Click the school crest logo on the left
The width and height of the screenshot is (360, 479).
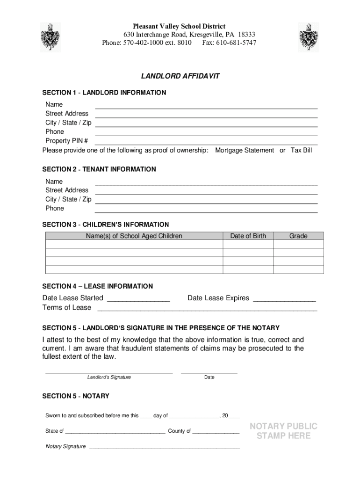(x=50, y=37)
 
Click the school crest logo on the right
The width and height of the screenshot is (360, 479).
(x=309, y=37)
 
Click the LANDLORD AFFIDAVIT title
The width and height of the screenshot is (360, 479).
(x=180, y=76)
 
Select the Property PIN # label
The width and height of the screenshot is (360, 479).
(x=66, y=141)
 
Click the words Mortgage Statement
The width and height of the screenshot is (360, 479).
(x=245, y=150)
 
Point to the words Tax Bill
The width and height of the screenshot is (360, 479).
(x=301, y=150)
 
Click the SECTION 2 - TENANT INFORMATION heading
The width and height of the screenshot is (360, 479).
(x=99, y=169)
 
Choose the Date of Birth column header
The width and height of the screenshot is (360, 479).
(x=248, y=236)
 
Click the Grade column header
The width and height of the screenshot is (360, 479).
(x=298, y=236)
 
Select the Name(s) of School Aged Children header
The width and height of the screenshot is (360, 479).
(x=134, y=236)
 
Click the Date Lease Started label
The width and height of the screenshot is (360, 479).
(x=73, y=298)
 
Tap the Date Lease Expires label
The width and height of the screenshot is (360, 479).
(x=218, y=298)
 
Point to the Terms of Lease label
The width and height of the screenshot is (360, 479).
(x=67, y=307)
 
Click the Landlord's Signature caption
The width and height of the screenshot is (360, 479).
(x=109, y=377)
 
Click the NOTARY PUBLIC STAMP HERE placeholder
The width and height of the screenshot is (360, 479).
(x=283, y=431)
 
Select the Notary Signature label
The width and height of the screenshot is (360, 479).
(x=65, y=446)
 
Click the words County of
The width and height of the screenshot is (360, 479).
(x=179, y=431)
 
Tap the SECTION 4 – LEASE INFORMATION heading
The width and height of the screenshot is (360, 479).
(x=97, y=286)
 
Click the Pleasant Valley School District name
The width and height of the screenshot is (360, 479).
(x=179, y=27)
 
